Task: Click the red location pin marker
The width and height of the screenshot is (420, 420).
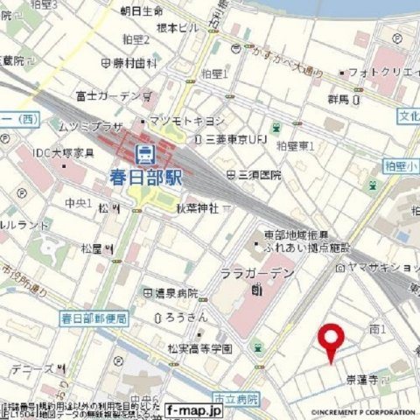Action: click(331, 341)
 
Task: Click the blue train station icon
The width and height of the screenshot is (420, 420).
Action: click(146, 155)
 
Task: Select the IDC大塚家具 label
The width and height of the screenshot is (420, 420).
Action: click(64, 154)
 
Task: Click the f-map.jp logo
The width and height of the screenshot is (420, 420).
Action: click(192, 410)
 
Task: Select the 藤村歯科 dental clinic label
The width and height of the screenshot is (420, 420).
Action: click(135, 63)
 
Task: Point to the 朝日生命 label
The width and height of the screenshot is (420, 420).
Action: click(141, 10)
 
